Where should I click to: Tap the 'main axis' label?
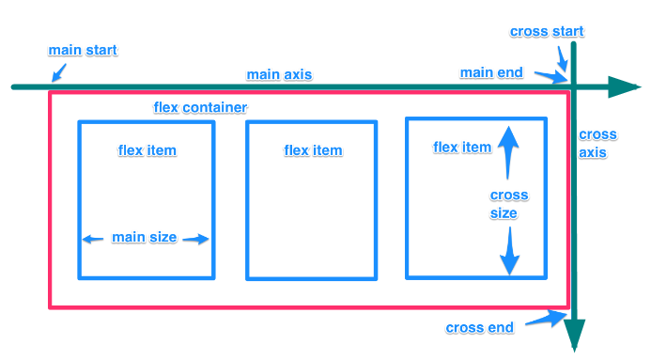[x=279, y=74]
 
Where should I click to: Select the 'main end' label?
[x=491, y=72]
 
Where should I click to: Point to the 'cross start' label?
[x=547, y=31]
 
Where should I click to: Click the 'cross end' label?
[x=479, y=327]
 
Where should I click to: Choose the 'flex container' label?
[x=200, y=108]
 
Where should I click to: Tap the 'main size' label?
[x=144, y=237]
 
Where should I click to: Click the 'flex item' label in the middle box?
[x=313, y=150]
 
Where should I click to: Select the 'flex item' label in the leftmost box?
[x=147, y=150]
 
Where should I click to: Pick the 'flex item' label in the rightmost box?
[x=462, y=147]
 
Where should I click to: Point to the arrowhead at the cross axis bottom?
[x=574, y=336]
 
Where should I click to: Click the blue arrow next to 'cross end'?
[x=544, y=321]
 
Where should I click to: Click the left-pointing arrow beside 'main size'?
[x=92, y=239]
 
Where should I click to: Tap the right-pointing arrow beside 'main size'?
[x=196, y=239]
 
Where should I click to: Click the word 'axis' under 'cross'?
[x=592, y=152]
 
